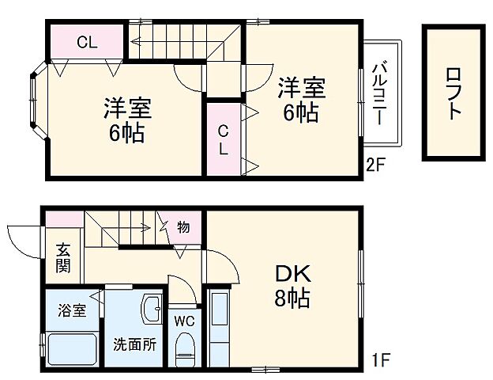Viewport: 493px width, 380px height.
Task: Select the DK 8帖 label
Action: (292, 287)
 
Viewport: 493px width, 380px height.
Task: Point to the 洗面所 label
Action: (134, 344)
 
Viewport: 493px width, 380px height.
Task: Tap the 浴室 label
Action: (70, 310)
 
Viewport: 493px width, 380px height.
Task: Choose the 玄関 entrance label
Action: (63, 258)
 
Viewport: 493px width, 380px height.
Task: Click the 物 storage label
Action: (183, 227)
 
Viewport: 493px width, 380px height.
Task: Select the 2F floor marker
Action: (374, 165)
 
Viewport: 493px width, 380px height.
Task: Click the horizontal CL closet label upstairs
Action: (87, 43)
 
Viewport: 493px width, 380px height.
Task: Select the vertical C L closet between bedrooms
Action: (224, 139)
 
